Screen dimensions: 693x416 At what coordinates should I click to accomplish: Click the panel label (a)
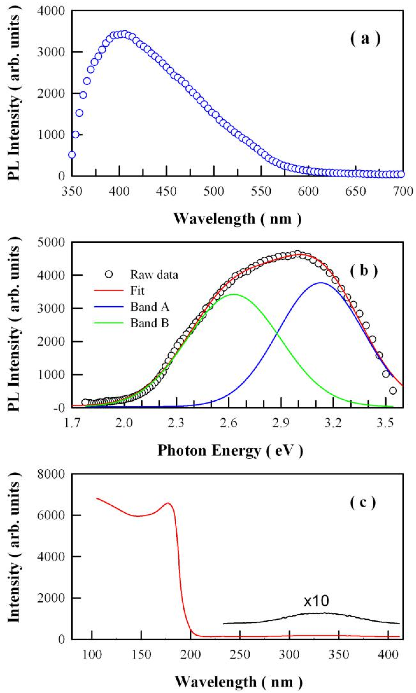[365, 38]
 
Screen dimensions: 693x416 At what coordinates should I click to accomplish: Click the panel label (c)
[363, 502]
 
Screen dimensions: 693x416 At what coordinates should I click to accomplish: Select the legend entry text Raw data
[154, 274]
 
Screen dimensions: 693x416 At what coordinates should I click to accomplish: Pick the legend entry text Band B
[149, 323]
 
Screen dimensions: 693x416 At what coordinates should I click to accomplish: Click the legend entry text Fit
[137, 290]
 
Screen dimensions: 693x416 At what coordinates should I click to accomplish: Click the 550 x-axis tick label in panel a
[261, 192]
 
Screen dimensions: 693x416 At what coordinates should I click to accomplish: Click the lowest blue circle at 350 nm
[72, 155]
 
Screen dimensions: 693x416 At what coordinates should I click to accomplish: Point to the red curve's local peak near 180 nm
[168, 503]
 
